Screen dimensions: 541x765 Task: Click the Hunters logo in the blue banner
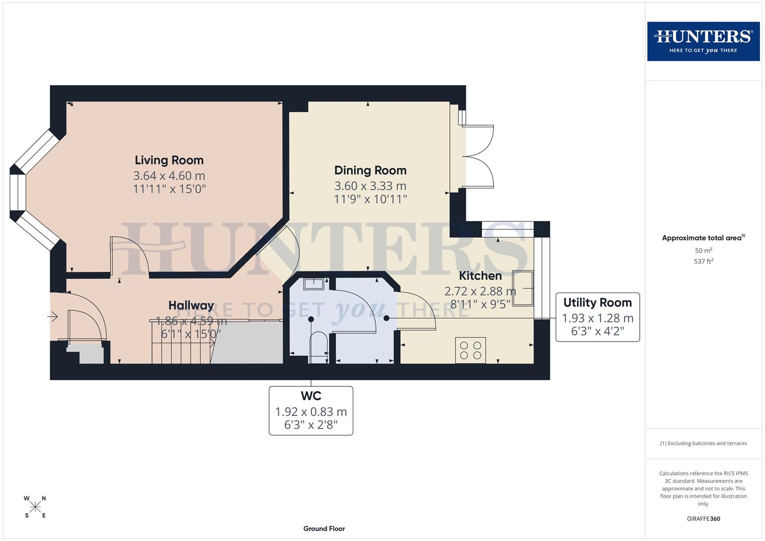coord(703,41)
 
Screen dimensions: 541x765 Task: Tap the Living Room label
coord(169,160)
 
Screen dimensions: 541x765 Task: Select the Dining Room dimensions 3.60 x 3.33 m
coord(370,186)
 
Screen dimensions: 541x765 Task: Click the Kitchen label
coord(480,276)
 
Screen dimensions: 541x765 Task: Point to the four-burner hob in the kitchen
coord(470,350)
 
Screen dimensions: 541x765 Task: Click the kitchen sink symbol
coord(523,288)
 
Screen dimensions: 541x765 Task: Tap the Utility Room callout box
coord(597,317)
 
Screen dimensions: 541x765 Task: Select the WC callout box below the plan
coord(311,410)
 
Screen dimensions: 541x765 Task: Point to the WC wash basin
coord(314,284)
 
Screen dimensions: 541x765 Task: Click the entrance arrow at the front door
coord(53,317)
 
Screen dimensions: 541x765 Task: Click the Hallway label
coord(191,306)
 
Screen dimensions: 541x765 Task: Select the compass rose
coord(35,507)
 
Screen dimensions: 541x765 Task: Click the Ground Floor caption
coord(324,528)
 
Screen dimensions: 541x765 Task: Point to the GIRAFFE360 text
coord(703,518)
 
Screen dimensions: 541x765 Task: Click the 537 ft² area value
coord(703,261)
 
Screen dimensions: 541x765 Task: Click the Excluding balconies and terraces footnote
coord(703,443)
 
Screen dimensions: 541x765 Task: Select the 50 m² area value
coord(703,250)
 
